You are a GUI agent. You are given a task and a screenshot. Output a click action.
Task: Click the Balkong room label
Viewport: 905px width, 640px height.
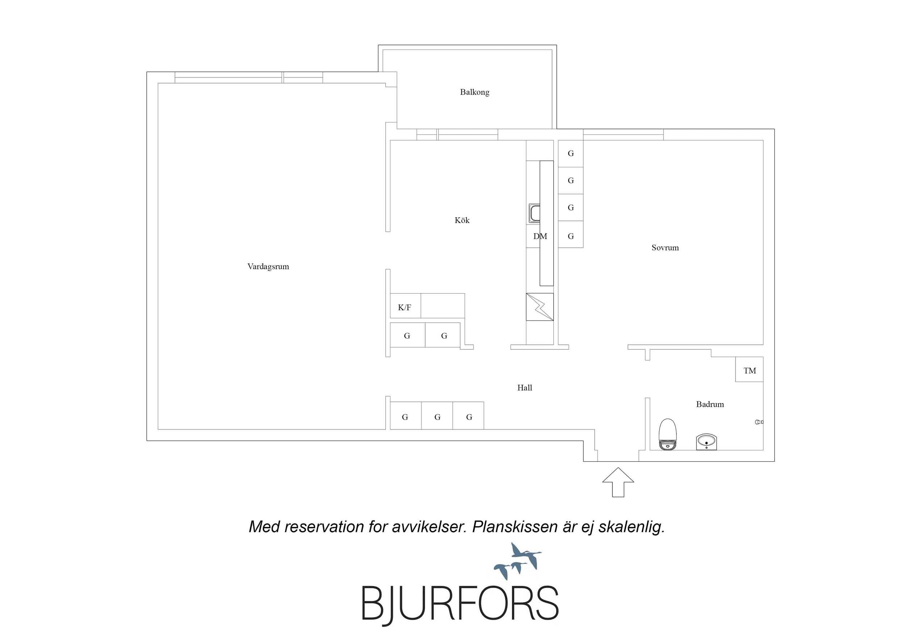point(474,92)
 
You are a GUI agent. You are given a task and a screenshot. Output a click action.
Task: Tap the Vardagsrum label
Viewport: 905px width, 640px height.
point(268,267)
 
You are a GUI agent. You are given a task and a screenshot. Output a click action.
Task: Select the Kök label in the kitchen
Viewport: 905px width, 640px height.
point(462,220)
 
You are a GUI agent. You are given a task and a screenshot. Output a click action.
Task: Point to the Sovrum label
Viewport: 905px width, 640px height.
point(665,248)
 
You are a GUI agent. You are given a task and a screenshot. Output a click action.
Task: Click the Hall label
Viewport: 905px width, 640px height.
point(525,388)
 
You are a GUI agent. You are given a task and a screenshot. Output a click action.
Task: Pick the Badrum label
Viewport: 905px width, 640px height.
point(710,404)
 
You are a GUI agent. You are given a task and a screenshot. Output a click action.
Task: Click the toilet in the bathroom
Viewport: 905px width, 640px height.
point(668,434)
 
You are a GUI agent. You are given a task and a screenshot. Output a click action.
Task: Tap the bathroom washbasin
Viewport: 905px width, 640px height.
point(706,442)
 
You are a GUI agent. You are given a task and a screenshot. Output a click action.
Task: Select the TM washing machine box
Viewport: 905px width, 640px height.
point(749,369)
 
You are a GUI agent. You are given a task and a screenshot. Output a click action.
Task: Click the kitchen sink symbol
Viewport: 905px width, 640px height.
point(534,213)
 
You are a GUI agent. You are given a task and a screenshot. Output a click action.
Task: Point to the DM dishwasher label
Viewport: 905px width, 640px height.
point(540,236)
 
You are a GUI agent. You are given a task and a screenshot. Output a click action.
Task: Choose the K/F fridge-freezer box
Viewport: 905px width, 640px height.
point(405,306)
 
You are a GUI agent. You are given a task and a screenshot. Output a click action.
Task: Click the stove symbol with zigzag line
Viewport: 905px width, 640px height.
point(540,307)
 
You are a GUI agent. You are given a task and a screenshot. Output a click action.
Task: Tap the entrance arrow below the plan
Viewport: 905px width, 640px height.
point(618,482)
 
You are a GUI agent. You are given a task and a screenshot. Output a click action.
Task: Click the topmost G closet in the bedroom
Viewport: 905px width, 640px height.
point(571,154)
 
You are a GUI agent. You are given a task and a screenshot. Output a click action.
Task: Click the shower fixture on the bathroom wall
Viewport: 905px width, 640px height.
point(759,422)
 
